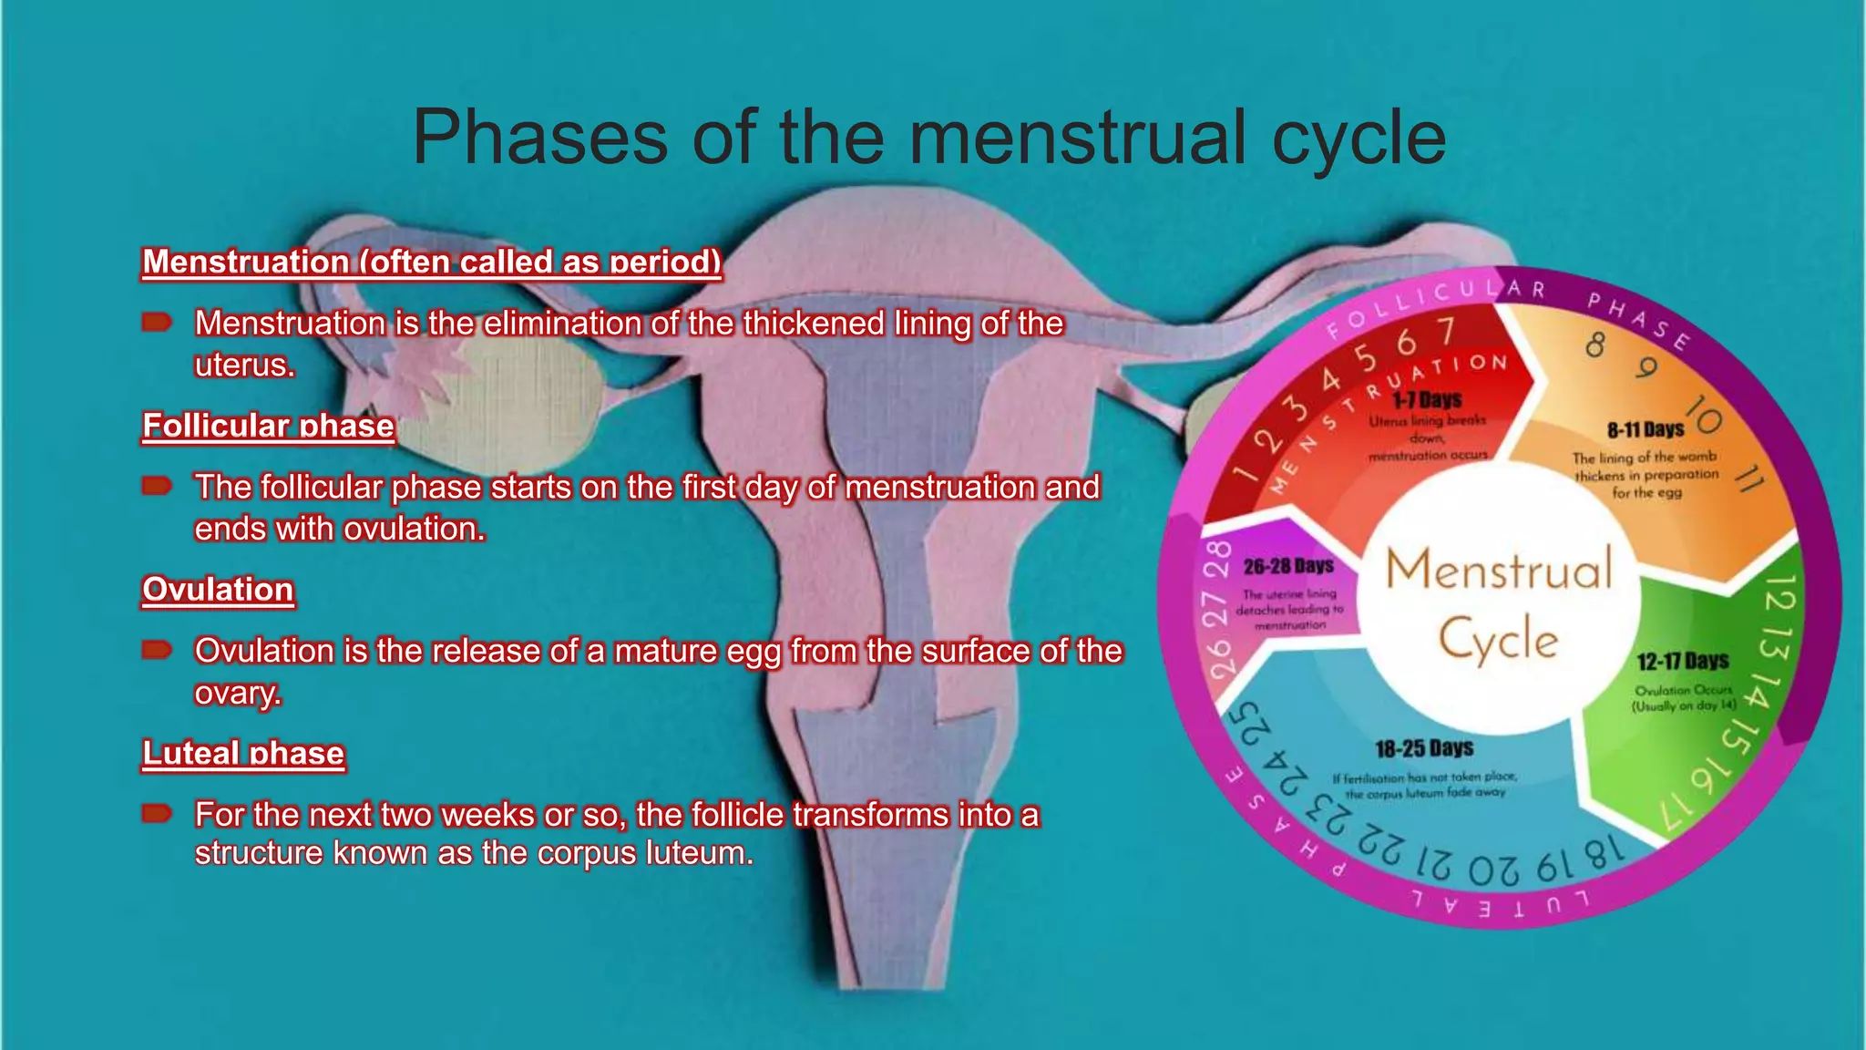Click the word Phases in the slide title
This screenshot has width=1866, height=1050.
pos(540,138)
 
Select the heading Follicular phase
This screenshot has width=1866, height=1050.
pos(268,426)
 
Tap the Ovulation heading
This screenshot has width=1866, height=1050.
pos(218,590)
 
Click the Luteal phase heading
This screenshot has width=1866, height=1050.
pos(243,754)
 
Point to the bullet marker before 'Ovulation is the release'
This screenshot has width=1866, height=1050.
pos(157,650)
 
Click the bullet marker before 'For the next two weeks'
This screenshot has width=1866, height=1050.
pos(157,813)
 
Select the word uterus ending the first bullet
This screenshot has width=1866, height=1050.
pos(244,365)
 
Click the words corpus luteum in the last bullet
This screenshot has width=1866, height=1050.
pos(644,853)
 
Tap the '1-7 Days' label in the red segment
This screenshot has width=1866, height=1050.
pos(1427,399)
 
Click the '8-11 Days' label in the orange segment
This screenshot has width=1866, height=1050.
pos(1645,429)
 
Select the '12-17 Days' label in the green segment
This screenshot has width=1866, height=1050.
pos(1682,661)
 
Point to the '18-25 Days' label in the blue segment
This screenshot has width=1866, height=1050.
pos(1424,748)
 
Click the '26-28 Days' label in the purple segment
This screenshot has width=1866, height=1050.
pos(1288,566)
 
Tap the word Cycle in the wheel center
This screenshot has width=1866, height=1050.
pos(1499,639)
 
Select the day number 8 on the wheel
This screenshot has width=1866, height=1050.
pos(1594,345)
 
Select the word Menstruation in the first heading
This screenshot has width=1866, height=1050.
pos(245,262)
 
